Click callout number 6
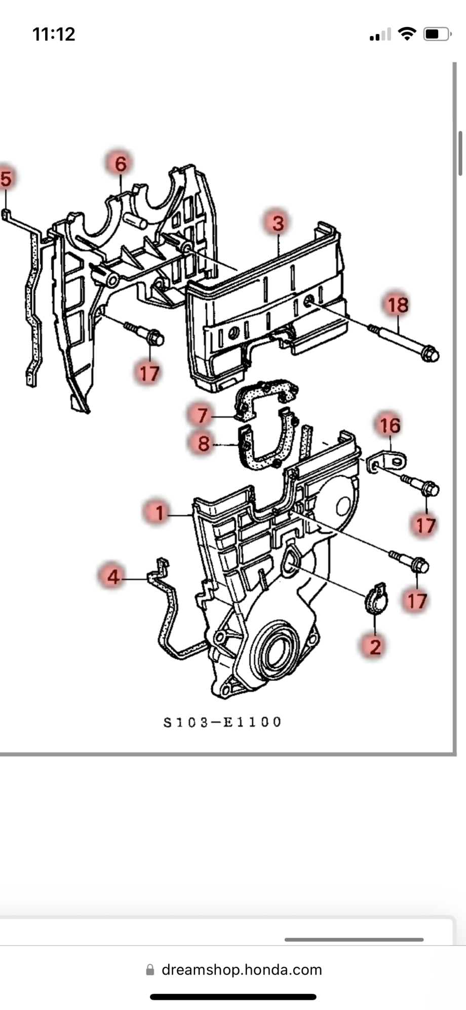coord(120,164)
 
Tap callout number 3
coord(278,223)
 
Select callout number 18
coord(398,305)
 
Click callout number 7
coord(202,415)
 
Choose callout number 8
coord(203,444)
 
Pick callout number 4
coord(113,576)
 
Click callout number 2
coord(375,646)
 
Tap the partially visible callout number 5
coord(5,178)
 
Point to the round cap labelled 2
coord(376,599)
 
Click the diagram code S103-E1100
coord(222,722)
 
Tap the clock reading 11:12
coord(54,34)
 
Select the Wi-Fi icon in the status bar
coord(407,34)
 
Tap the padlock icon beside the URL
coord(150,970)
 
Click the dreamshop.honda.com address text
coord(242,970)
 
